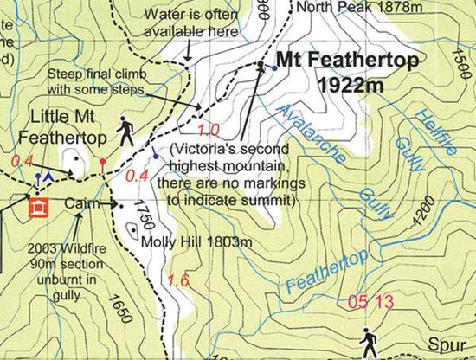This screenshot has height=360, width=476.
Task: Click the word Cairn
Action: (83, 203)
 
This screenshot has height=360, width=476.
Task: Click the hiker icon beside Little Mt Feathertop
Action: (126, 130)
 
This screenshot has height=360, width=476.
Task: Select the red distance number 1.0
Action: (209, 130)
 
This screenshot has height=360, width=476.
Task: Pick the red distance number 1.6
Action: (179, 280)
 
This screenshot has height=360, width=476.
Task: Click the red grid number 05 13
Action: (370, 302)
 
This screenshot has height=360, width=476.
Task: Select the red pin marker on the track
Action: (103, 162)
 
